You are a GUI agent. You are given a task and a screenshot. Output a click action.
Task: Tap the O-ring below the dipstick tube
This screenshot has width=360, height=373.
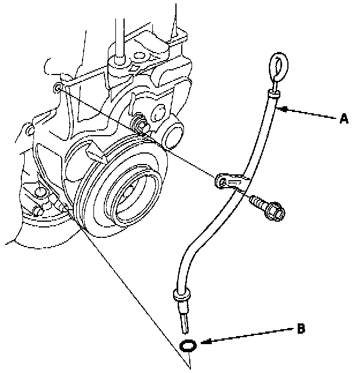point(189,345)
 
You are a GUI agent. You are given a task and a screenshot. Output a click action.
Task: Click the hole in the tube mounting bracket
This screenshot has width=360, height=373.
point(221,182)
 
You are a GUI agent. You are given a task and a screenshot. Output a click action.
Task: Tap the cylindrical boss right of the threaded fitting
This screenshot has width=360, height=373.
point(171,134)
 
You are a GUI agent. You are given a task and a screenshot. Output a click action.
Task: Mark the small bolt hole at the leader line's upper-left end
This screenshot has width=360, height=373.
point(57,88)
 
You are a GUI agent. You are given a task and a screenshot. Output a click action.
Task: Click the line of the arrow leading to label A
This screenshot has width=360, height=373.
point(312,113)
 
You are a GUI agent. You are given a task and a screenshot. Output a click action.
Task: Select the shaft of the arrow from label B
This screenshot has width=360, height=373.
point(248,336)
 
